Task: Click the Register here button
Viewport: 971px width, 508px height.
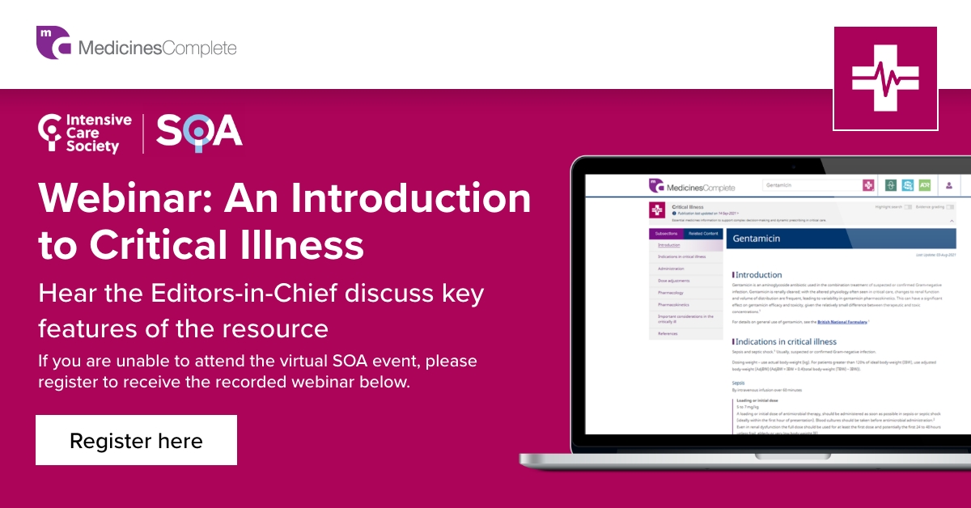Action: [x=136, y=441]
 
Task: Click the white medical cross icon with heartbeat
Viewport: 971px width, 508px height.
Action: [x=885, y=78]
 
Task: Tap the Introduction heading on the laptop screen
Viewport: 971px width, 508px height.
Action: [x=759, y=275]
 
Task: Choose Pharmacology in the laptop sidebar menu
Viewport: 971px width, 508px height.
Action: [x=671, y=292]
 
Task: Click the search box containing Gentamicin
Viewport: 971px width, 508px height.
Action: [x=809, y=185]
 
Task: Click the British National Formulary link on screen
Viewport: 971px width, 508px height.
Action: [x=842, y=322]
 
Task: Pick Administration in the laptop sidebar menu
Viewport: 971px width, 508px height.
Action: [x=672, y=269]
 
